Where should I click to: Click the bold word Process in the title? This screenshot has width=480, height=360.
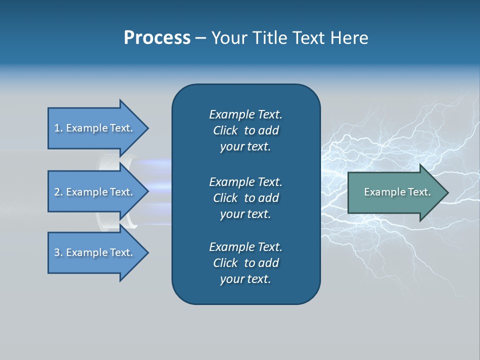pyautogui.click(x=157, y=38)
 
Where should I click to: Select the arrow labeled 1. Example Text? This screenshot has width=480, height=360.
pyautogui.click(x=95, y=128)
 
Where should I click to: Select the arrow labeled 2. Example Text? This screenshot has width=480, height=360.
pyautogui.click(x=95, y=192)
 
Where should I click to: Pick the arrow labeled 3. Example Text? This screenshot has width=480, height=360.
pyautogui.click(x=95, y=252)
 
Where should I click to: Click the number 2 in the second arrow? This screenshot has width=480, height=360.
pyautogui.click(x=57, y=192)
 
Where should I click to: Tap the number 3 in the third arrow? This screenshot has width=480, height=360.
pyautogui.click(x=57, y=252)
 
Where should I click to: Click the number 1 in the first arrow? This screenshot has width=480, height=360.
pyautogui.click(x=57, y=128)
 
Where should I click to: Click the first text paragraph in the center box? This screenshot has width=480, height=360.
pyautogui.click(x=245, y=130)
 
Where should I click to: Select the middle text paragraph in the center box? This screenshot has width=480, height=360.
pyautogui.click(x=245, y=197)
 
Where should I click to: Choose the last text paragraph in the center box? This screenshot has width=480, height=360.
pyautogui.click(x=245, y=263)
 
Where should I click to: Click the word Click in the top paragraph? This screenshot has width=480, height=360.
pyautogui.click(x=225, y=130)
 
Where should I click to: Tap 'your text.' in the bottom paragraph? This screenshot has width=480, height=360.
pyautogui.click(x=245, y=279)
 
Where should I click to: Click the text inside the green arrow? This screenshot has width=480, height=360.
pyautogui.click(x=397, y=192)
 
